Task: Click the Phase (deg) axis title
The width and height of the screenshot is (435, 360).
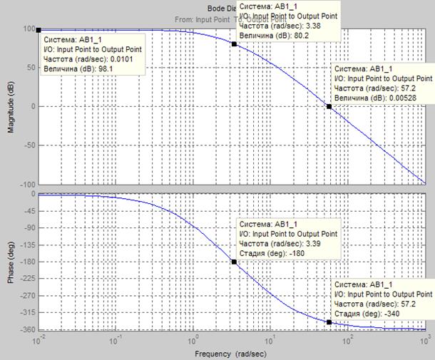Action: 11,262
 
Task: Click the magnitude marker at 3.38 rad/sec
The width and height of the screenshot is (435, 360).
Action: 234,43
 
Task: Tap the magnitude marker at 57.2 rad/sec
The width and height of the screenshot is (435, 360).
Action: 329,106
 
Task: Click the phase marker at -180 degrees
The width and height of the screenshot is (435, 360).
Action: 234,262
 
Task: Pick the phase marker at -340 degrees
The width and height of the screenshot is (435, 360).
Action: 329,322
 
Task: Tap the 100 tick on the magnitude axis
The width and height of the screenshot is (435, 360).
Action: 29,30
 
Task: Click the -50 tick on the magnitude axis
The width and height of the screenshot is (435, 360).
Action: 29,145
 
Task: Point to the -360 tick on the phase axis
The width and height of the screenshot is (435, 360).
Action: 27,329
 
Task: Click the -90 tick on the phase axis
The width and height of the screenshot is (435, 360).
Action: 29,229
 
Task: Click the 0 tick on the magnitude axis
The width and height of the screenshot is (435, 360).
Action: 33,106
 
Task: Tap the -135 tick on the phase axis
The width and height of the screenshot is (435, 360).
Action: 27,246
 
